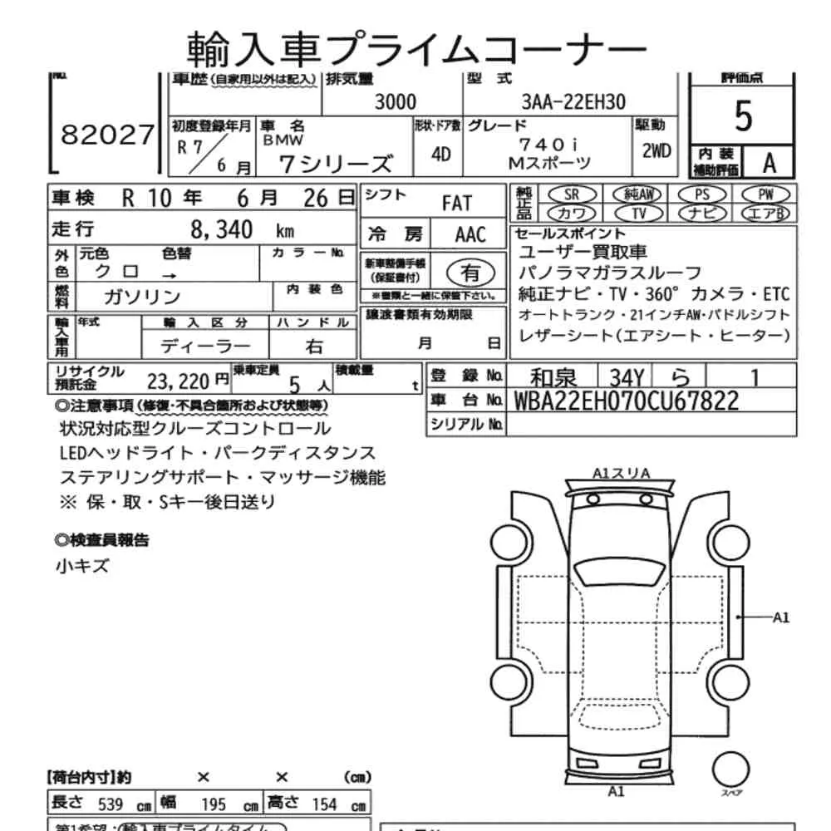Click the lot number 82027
pos(108,135)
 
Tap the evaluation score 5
pos(743,117)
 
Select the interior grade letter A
pos(769,163)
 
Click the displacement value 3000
pos(395,102)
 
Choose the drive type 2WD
pos(656,151)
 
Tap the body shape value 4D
pos(441,155)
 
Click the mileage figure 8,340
pos(222,230)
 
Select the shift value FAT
pos(456,203)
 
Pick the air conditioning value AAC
pos(470,234)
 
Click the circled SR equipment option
pos(571,194)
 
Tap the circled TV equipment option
pos(639,213)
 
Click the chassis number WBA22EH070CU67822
pos(627,401)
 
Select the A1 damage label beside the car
pos(781,617)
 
